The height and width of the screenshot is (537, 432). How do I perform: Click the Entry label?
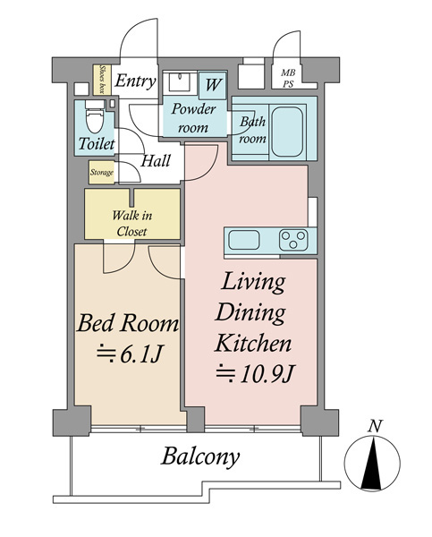(x=135, y=81)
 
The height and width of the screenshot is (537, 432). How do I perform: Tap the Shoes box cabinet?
(x=102, y=80)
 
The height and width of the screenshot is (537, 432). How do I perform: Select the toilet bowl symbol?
(x=94, y=117)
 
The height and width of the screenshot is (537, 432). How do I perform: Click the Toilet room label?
(x=97, y=143)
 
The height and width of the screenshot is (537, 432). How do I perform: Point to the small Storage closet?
(x=102, y=172)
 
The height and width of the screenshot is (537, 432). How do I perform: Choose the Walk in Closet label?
(x=131, y=223)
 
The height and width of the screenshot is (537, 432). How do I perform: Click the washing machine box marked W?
(x=213, y=85)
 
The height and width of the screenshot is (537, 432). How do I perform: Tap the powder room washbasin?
(x=180, y=81)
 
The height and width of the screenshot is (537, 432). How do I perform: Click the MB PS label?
(x=288, y=79)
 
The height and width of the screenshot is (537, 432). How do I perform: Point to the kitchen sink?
(x=244, y=240)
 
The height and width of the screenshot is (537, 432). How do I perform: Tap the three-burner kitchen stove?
(x=293, y=240)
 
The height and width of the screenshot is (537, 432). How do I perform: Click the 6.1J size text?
(x=130, y=354)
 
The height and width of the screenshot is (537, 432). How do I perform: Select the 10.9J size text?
(x=255, y=374)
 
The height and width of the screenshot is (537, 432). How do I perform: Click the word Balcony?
(x=200, y=456)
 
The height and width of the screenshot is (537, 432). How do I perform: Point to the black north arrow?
(x=371, y=463)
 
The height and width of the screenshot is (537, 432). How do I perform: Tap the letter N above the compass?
(x=375, y=426)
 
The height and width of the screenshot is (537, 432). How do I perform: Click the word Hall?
(x=156, y=160)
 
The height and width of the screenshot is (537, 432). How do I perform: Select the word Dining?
(x=250, y=313)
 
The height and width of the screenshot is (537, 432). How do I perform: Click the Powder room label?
(x=193, y=118)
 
